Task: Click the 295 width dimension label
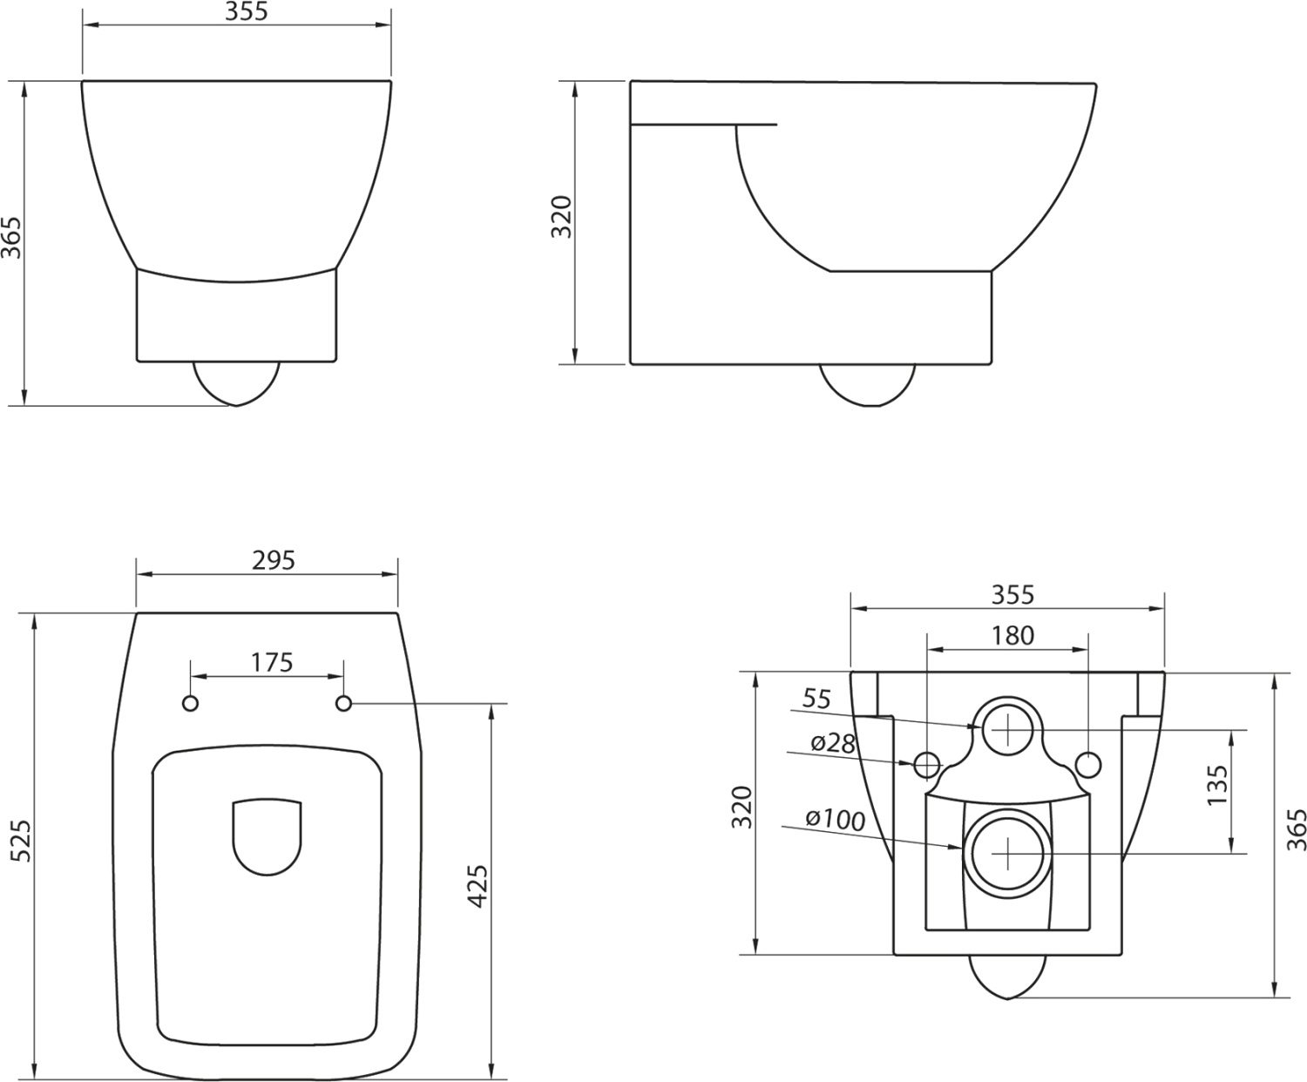(274, 560)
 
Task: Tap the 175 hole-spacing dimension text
(272, 662)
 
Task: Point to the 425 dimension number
(477, 886)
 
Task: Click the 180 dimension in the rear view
(1012, 635)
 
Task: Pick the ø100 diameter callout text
(835, 820)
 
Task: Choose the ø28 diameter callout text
(832, 742)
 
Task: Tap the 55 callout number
(816, 699)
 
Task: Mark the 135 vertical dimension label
(1217, 785)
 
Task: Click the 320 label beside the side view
(562, 218)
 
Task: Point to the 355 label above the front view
(247, 11)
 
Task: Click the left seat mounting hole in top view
(191, 703)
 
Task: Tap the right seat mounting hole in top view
(343, 703)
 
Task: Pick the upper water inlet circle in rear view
(1006, 727)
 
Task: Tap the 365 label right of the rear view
(1297, 829)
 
